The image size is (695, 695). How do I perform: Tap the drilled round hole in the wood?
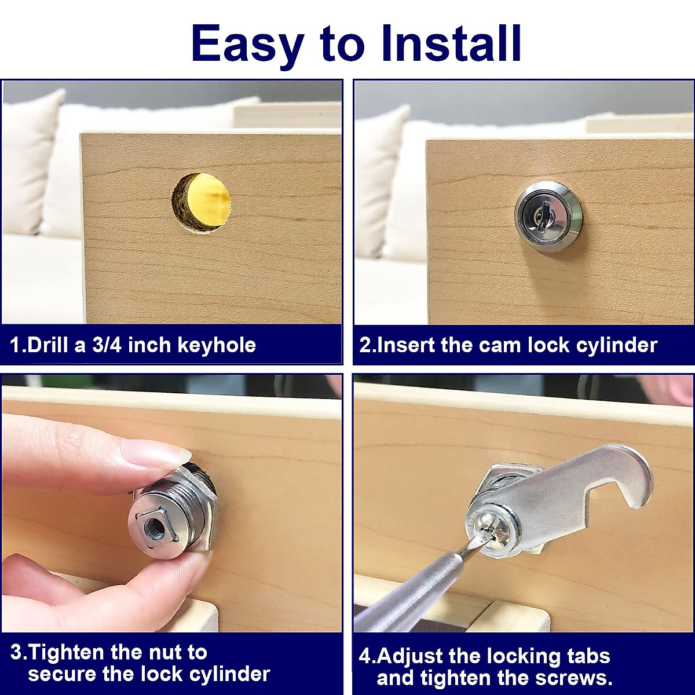point(201,202)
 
